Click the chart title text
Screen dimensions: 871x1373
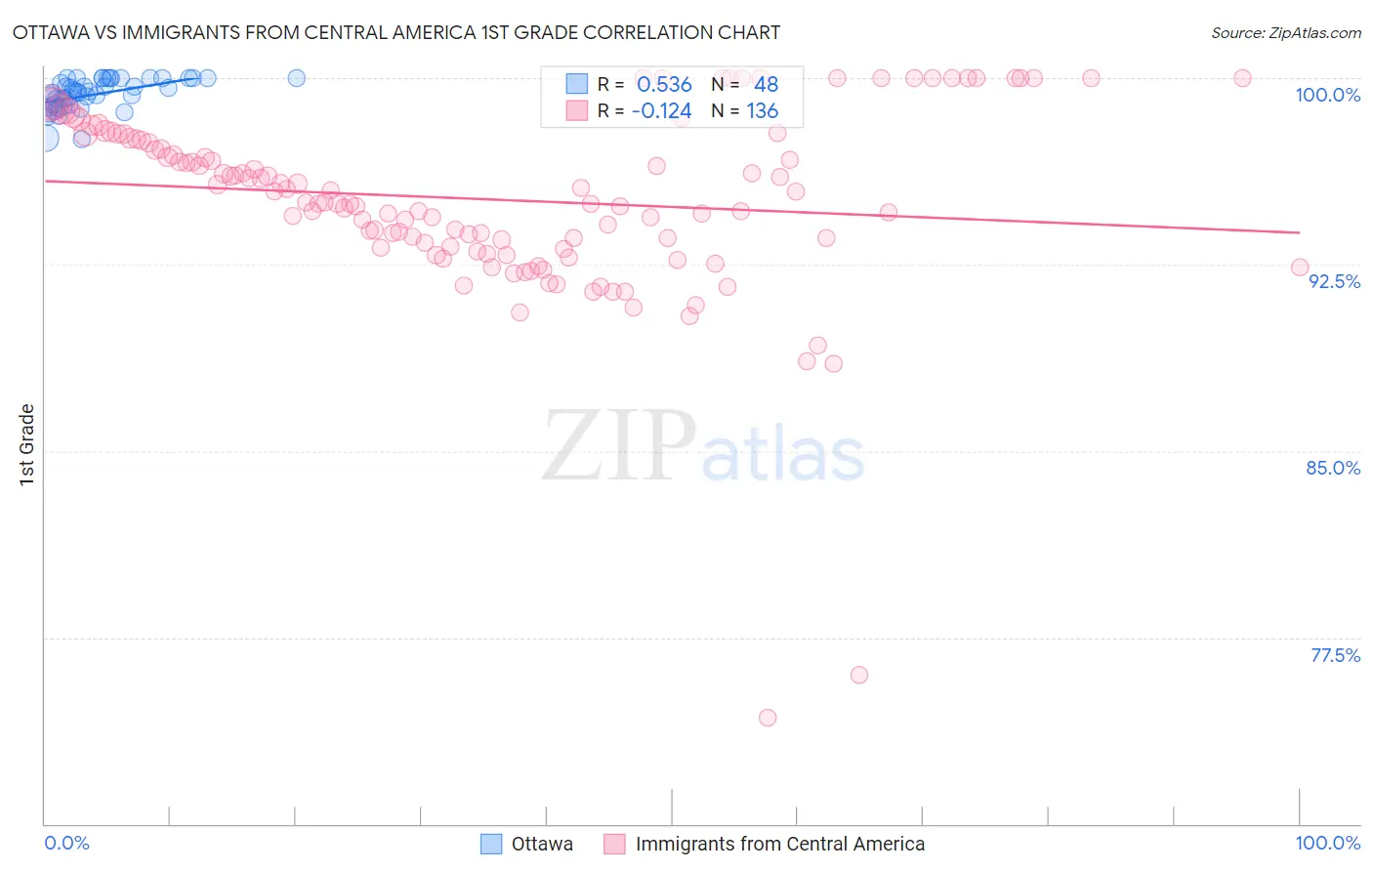(396, 32)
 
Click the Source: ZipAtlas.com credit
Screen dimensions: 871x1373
(1285, 32)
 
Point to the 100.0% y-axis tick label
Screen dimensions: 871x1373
(1327, 95)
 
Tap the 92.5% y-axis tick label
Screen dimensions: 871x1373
(1334, 281)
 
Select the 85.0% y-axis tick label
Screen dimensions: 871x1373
(1333, 468)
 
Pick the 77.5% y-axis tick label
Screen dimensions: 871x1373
(1335, 655)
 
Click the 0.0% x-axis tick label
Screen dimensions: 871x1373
(66, 843)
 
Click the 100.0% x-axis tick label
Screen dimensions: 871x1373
(1327, 843)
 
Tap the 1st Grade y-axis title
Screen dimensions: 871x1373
(27, 444)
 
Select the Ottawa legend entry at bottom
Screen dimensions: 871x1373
(542, 844)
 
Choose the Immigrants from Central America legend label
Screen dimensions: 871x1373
(779, 844)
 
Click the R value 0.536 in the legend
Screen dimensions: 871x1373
(664, 85)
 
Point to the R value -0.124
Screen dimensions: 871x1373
(661, 111)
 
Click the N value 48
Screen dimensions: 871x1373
(766, 85)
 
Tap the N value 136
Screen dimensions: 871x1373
(762, 111)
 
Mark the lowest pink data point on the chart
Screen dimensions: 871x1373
(768, 718)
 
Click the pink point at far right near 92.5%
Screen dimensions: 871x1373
(1300, 268)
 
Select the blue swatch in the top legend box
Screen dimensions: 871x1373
(577, 85)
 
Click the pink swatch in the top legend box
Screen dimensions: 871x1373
(577, 111)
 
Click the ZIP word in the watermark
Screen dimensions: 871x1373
(619, 446)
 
